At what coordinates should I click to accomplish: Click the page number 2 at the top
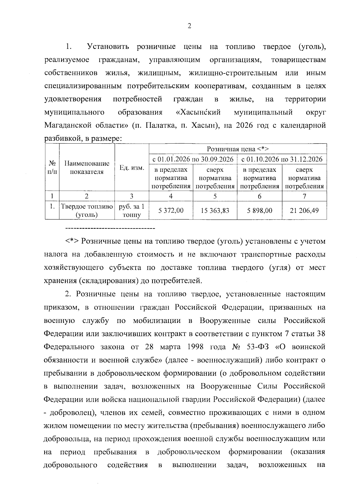tap(189, 26)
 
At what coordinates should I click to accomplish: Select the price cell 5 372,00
tap(171, 210)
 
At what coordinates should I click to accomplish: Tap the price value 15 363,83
tap(215, 210)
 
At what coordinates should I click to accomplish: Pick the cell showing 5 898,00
tap(259, 210)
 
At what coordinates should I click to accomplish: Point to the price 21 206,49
tap(304, 210)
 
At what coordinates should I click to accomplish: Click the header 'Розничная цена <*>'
tap(238, 149)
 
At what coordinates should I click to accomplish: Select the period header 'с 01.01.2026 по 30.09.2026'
tap(193, 159)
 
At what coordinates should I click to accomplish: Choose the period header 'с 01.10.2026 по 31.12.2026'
tap(282, 159)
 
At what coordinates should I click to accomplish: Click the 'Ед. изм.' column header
tap(132, 168)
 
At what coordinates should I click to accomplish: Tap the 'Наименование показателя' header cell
tap(87, 168)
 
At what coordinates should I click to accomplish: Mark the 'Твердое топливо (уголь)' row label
tap(87, 210)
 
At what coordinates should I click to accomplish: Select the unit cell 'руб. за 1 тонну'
tap(132, 210)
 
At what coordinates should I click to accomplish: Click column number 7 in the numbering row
tap(304, 196)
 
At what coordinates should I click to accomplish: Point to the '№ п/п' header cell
tap(52, 168)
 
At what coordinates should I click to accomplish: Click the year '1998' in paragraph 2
tap(195, 347)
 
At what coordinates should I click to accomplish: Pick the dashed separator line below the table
tap(110, 229)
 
